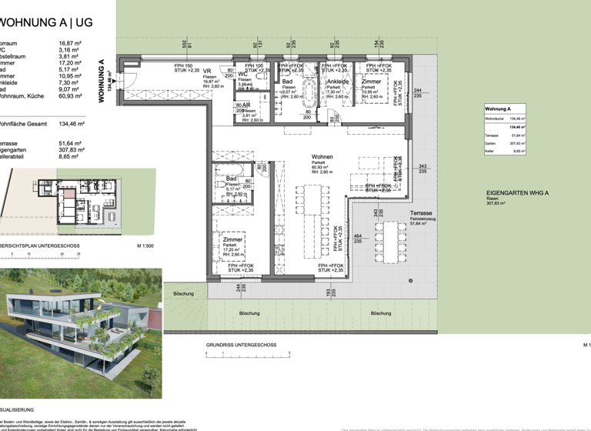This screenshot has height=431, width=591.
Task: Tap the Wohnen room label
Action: (x=322, y=156)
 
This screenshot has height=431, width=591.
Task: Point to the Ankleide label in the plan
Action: (x=339, y=81)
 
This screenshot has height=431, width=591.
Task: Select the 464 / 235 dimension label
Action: (x=358, y=239)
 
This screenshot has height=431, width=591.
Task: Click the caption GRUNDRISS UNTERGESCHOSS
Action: (x=240, y=345)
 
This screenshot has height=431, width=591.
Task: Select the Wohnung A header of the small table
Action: (x=499, y=109)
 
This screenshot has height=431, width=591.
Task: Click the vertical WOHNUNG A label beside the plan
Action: (x=101, y=81)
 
